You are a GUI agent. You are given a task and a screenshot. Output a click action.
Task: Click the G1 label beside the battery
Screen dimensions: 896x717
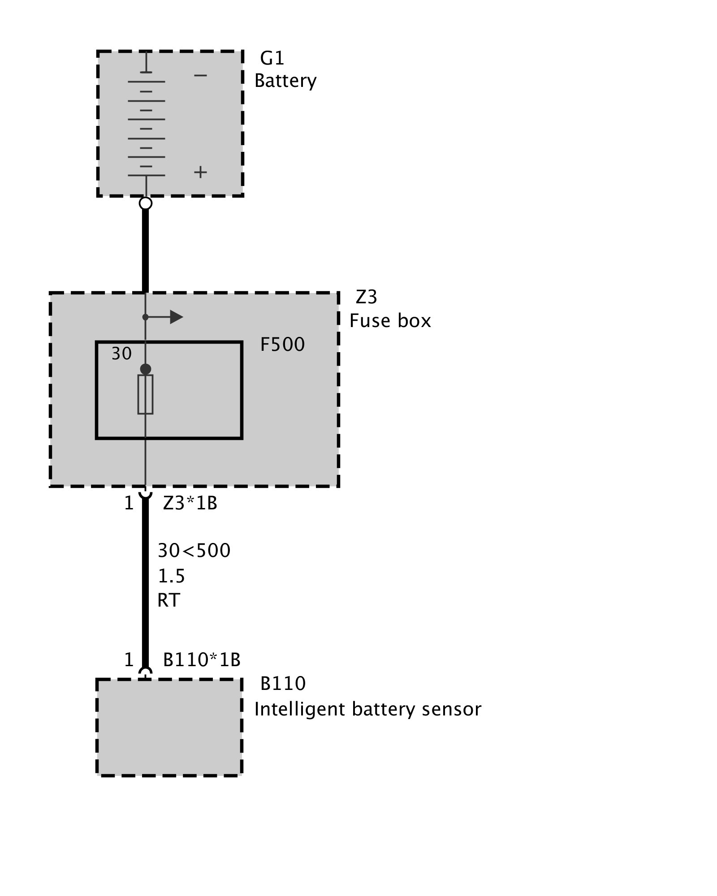click(272, 58)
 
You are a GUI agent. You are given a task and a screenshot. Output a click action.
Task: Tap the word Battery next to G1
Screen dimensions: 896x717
click(285, 81)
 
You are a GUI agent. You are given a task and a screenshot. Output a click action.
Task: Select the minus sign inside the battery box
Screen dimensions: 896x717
click(200, 75)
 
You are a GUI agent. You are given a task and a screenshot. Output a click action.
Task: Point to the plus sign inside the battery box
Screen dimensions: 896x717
click(200, 172)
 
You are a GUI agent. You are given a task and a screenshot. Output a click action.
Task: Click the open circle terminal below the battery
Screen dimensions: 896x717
click(146, 203)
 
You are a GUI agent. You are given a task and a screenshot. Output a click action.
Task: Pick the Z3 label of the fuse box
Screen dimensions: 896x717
click(366, 297)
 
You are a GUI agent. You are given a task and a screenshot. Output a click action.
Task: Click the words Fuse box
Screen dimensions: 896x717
click(390, 321)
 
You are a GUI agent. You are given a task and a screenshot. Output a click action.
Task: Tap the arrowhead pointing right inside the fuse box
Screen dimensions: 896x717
click(176, 317)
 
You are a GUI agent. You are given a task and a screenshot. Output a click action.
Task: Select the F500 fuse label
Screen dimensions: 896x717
click(282, 345)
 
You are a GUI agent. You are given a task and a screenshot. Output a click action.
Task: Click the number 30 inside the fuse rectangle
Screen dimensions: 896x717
click(121, 354)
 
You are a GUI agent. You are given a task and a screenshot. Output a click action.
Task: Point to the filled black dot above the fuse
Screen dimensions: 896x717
click(146, 369)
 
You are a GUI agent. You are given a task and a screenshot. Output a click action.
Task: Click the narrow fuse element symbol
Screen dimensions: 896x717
click(145, 394)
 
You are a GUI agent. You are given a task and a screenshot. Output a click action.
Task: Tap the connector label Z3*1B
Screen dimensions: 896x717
click(190, 504)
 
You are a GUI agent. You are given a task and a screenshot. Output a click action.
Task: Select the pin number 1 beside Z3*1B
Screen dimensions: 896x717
click(129, 504)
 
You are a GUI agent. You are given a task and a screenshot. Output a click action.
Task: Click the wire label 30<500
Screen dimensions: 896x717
click(194, 551)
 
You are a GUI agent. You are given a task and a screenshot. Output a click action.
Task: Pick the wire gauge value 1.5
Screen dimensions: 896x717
click(171, 576)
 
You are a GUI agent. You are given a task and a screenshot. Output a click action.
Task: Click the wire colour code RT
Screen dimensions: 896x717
click(168, 600)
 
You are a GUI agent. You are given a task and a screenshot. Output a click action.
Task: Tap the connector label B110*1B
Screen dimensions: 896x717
click(202, 660)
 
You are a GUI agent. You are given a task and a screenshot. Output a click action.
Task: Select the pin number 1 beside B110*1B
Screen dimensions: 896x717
click(129, 660)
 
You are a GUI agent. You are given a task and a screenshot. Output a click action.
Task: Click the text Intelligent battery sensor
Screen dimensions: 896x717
click(367, 709)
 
